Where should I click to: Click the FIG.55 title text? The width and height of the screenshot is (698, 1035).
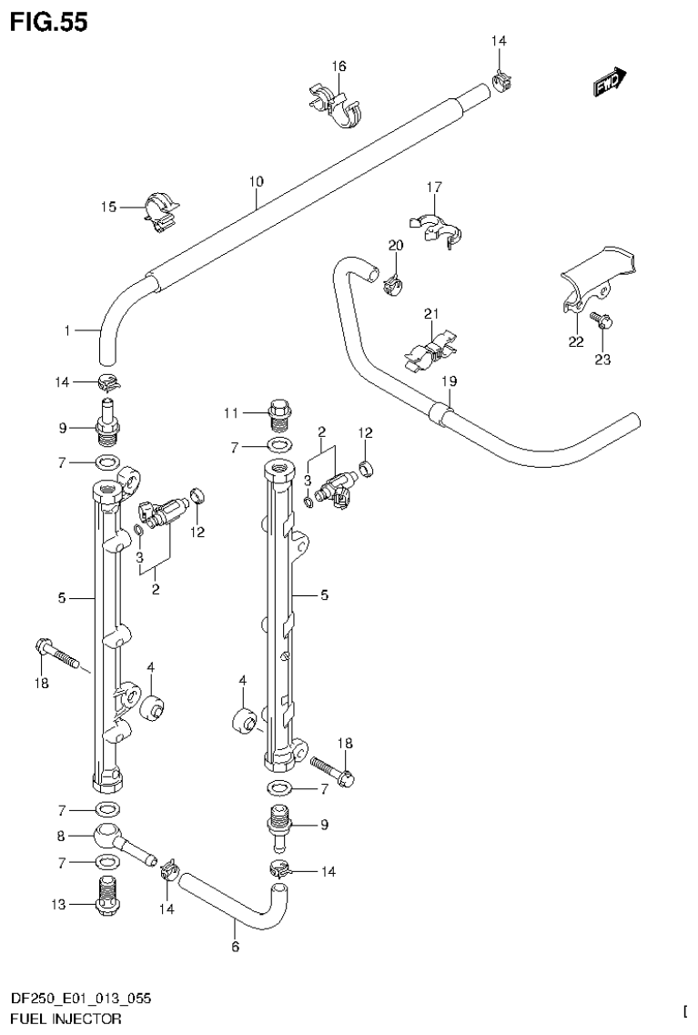[x=48, y=21]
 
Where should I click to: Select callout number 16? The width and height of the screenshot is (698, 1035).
[x=339, y=66]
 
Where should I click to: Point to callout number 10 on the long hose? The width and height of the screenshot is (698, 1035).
[x=257, y=182]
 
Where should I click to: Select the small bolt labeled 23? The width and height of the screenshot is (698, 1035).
[x=602, y=320]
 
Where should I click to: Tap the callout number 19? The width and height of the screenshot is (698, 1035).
[x=449, y=381]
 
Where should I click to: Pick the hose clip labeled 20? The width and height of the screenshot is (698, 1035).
[x=393, y=283]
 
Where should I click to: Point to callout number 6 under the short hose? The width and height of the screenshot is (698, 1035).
[x=235, y=947]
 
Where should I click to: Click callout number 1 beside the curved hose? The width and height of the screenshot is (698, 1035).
[x=66, y=331]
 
